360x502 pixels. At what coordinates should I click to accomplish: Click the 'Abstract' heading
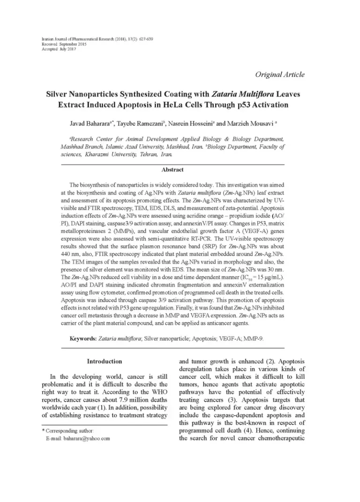173,170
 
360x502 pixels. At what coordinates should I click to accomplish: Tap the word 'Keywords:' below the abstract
83,338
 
